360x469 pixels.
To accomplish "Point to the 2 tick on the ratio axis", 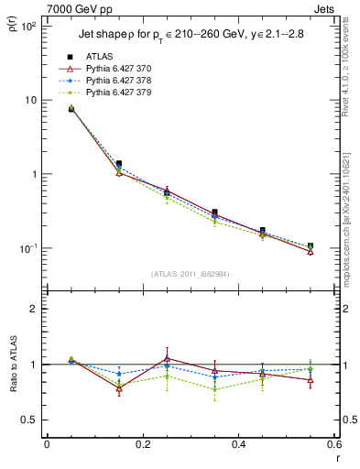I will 36,309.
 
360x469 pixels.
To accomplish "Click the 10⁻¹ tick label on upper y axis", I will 27,249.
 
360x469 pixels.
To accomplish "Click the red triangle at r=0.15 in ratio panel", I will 119,388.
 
